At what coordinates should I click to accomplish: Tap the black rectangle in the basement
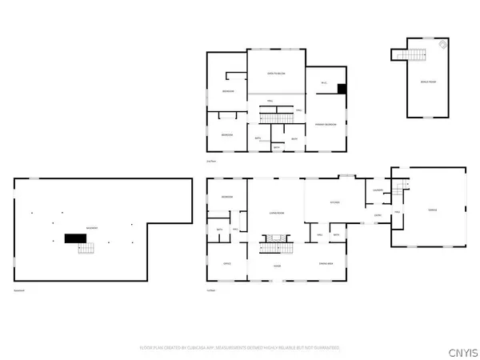76,238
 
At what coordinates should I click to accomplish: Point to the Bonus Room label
429,82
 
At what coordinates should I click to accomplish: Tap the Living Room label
277,213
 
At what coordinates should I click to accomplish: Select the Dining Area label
326,265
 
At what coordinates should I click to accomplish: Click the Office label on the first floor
226,265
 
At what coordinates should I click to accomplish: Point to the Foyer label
277,265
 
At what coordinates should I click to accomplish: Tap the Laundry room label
378,190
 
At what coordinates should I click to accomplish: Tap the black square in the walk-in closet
342,89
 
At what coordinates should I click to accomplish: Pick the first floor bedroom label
227,197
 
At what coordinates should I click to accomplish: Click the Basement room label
92,228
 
